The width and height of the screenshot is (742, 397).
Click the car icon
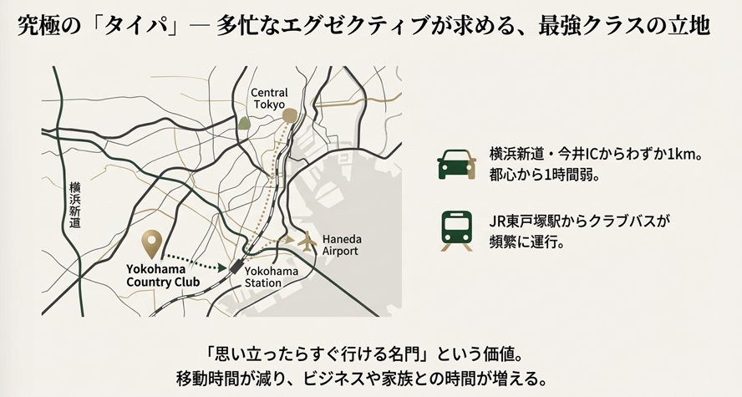click(457, 164)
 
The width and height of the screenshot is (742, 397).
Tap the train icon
click(457, 231)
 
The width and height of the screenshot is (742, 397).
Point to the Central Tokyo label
click(269, 99)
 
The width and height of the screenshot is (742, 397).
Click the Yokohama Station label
click(269, 277)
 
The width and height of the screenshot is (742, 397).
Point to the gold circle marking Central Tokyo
click(290, 115)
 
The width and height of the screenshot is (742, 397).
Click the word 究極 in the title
click(38, 26)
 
